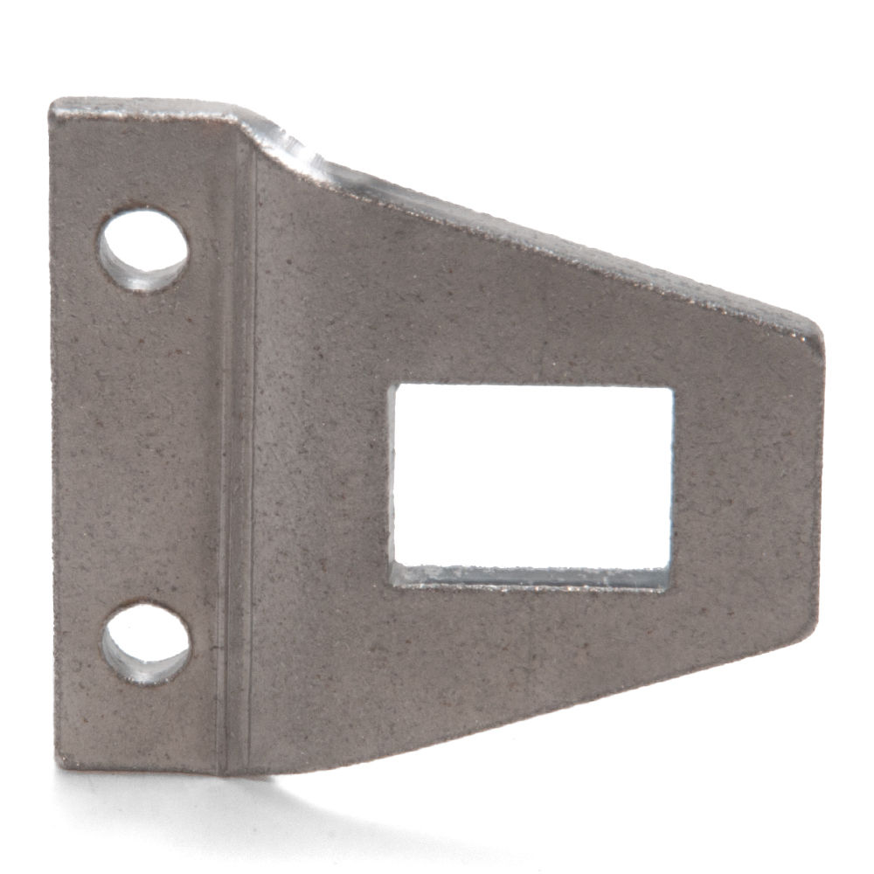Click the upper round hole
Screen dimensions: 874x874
(142, 248)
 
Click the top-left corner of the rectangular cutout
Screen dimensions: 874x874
(392, 385)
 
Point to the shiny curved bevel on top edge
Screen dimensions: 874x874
(306, 157)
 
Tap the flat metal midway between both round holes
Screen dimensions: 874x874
(140, 446)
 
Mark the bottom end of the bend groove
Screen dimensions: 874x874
(232, 769)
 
